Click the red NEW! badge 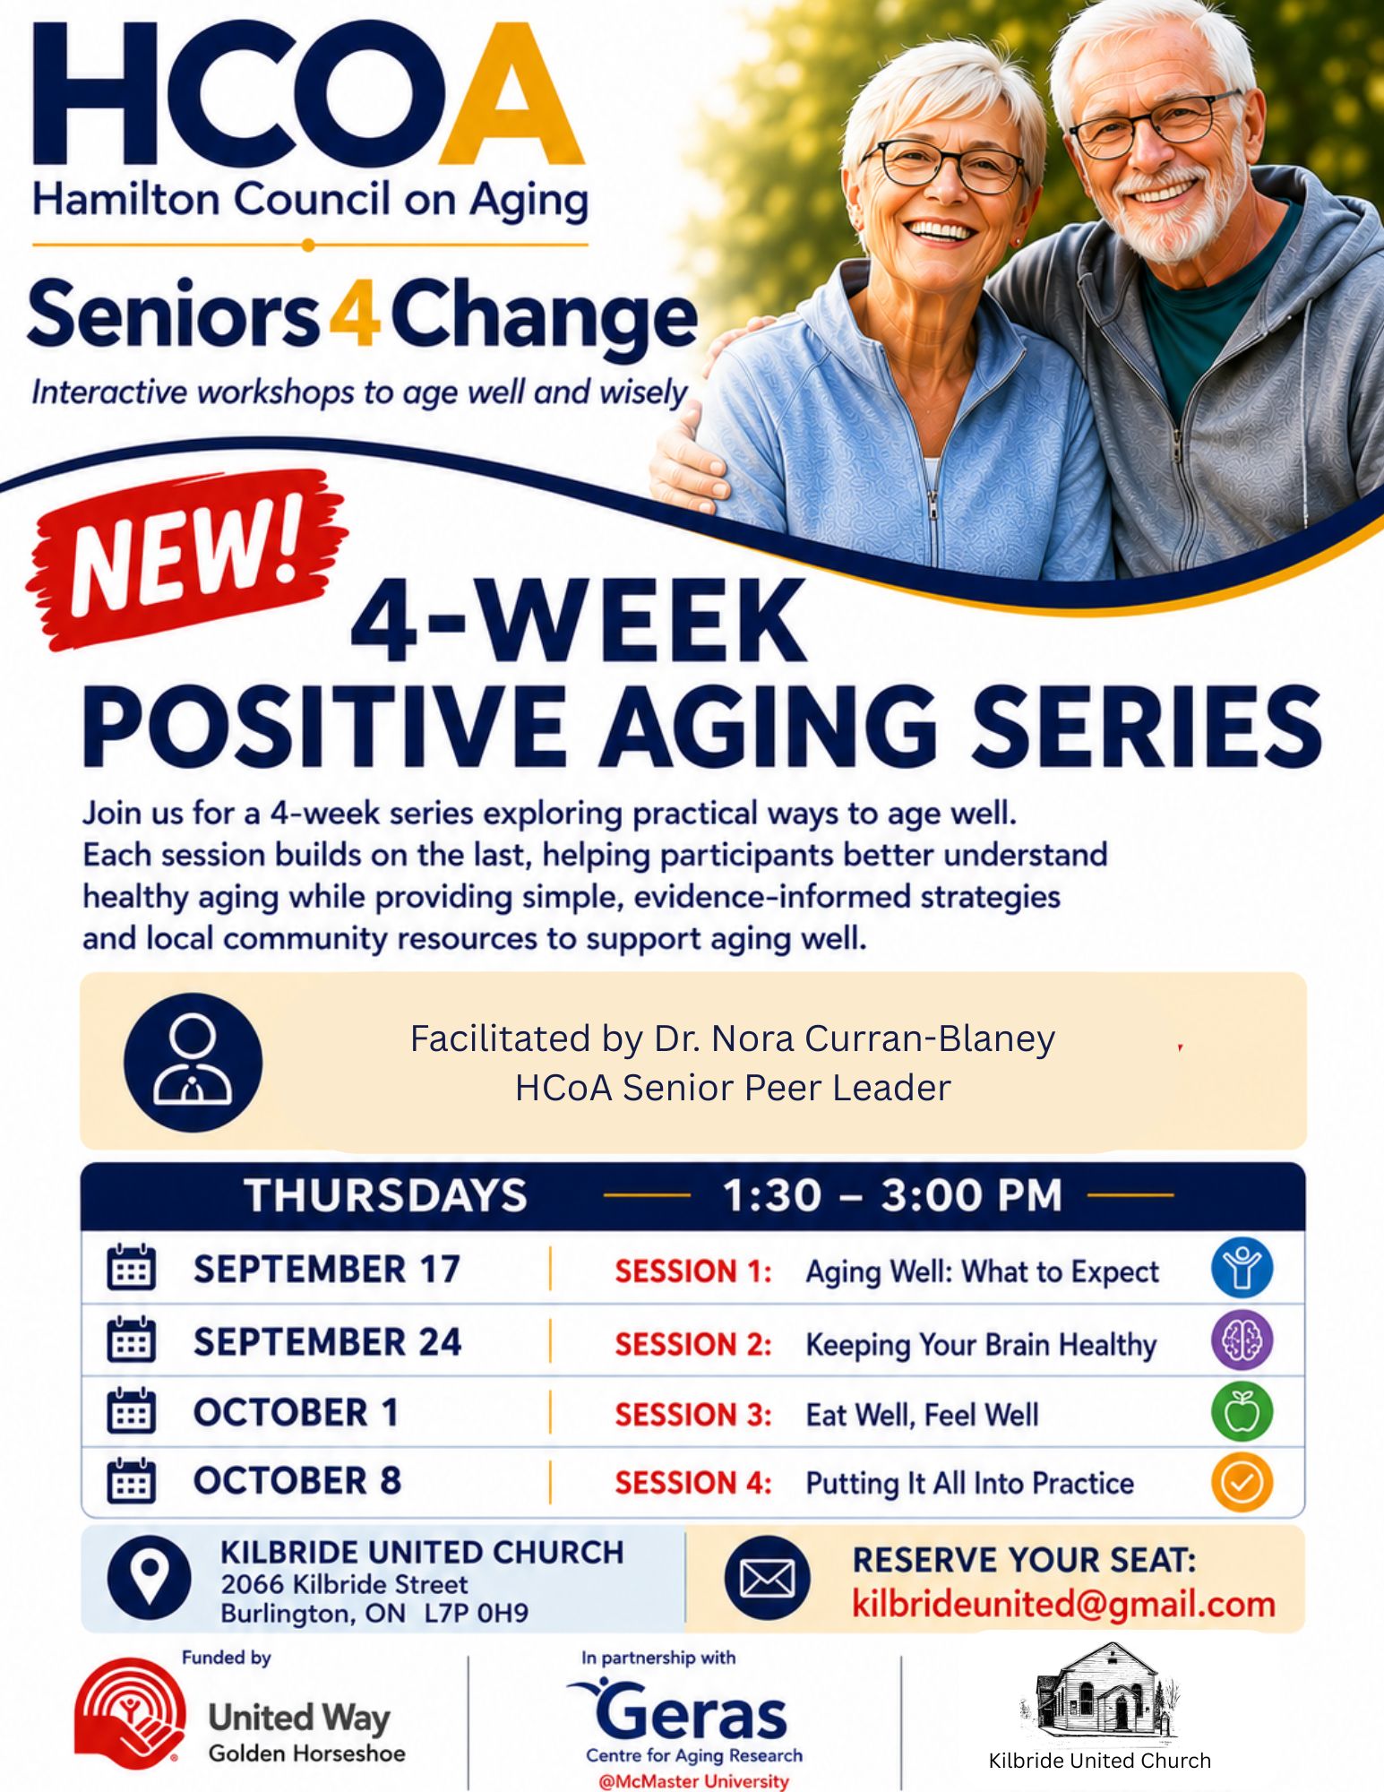point(187,557)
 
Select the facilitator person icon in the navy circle point(193,1062)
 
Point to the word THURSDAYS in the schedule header point(386,1195)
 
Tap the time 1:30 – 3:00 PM point(891,1195)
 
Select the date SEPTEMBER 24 point(327,1341)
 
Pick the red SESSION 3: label point(692,1415)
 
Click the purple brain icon point(1242,1340)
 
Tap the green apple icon point(1242,1412)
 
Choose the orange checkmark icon point(1242,1482)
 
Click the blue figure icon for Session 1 point(1242,1268)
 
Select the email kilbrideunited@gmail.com point(1063,1604)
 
